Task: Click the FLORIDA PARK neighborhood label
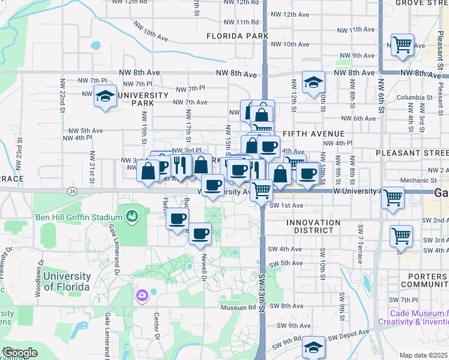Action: click(x=237, y=36)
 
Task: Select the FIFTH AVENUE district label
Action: click(x=313, y=133)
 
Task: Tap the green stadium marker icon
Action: click(x=132, y=215)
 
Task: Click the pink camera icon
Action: click(x=142, y=295)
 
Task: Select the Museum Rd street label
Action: click(x=238, y=308)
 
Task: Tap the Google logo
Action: click(x=20, y=353)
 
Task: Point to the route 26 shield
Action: click(x=72, y=191)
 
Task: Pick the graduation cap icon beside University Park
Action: click(x=105, y=96)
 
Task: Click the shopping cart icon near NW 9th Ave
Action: click(x=402, y=45)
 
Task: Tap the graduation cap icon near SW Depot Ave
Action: click(x=313, y=349)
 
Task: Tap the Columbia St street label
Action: click(x=410, y=97)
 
